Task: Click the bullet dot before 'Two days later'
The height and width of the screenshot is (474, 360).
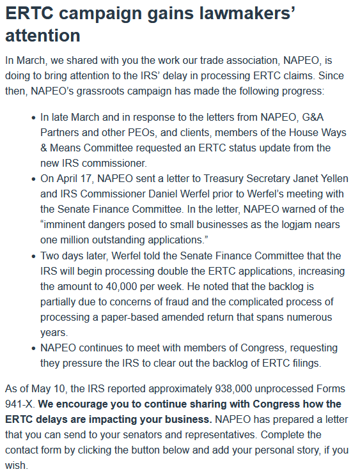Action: pos(33,256)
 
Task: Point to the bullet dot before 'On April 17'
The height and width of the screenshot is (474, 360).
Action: pos(33,180)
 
